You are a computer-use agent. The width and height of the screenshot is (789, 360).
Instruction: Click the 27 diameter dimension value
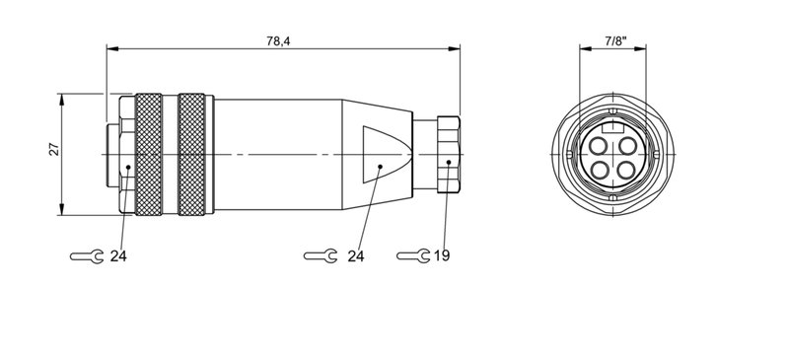pos(55,150)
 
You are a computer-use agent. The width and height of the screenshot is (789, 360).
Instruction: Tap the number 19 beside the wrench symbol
pos(441,256)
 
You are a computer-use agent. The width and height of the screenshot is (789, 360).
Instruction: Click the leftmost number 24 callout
pos(118,256)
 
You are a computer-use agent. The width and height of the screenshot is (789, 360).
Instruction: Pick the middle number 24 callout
pos(356,256)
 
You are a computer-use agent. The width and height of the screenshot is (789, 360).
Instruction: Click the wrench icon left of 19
pos(413,256)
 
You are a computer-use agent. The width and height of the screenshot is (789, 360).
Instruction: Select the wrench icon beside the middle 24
pos(318,256)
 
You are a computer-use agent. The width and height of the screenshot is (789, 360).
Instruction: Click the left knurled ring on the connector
pos(149,154)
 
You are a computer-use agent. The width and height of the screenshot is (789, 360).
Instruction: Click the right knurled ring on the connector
pos(193,154)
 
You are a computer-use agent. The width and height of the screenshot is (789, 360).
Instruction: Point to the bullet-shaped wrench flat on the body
pos(383,154)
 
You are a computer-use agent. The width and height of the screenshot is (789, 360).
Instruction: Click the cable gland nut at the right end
pos(447,154)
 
